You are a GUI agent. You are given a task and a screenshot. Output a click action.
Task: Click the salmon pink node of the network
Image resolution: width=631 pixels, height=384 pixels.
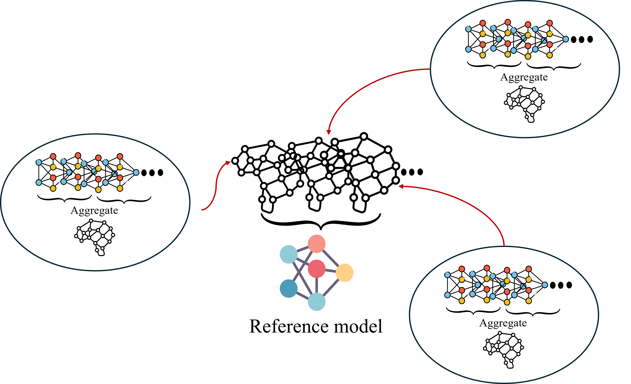point(317,244)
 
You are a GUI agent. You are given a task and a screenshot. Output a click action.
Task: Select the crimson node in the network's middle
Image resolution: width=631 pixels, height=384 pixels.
point(317,269)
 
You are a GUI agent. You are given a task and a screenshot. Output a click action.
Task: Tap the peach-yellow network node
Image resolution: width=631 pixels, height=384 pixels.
point(344,273)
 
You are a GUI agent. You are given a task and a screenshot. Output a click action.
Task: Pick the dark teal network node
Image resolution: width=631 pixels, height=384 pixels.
point(289,289)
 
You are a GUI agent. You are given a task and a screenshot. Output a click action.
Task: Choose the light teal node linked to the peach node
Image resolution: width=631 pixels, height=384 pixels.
point(317,302)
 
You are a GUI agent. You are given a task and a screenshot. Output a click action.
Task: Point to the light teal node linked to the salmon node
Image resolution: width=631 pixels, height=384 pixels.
point(289,254)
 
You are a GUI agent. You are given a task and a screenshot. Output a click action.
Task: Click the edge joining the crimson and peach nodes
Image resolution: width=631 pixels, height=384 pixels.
point(331,271)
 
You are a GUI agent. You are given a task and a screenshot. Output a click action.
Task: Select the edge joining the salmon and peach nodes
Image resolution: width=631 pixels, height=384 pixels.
point(331,258)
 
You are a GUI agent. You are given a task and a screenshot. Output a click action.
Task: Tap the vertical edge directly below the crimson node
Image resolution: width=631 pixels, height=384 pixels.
point(317,285)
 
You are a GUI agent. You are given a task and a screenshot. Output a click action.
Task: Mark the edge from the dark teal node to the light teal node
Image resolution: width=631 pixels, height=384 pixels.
point(302,295)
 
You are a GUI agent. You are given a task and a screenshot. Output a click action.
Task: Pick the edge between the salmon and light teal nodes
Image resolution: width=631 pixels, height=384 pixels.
point(302,249)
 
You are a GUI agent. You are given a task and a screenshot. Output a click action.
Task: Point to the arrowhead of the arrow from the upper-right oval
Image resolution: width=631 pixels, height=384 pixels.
point(329,132)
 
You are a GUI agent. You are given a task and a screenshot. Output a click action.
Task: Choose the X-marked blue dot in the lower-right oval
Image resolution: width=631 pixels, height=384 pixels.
point(523,286)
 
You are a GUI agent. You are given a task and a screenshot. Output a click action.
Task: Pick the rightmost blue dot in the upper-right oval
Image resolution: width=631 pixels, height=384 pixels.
point(566,39)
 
